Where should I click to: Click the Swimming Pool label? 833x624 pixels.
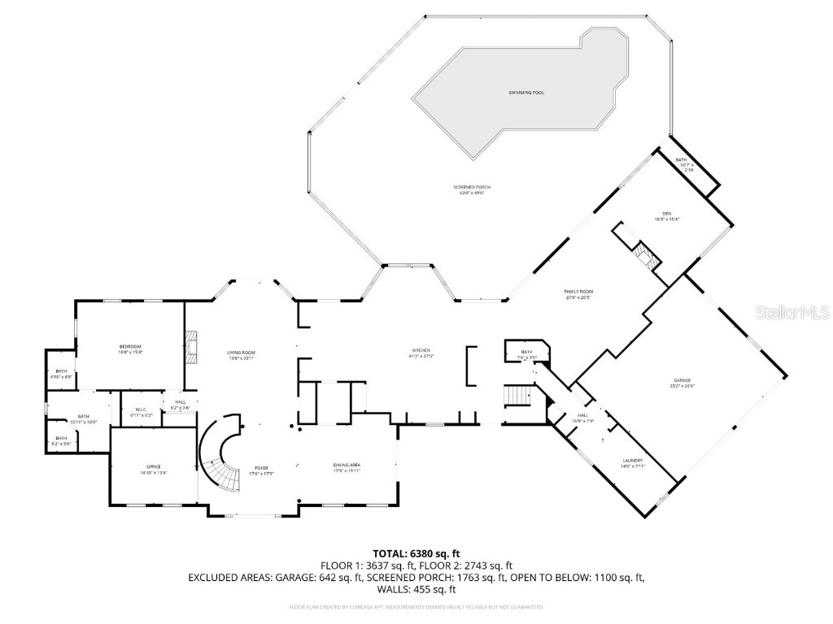click(x=521, y=93)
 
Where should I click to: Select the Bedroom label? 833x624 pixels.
click(x=130, y=349)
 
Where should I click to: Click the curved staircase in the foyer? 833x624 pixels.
click(x=220, y=459)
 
